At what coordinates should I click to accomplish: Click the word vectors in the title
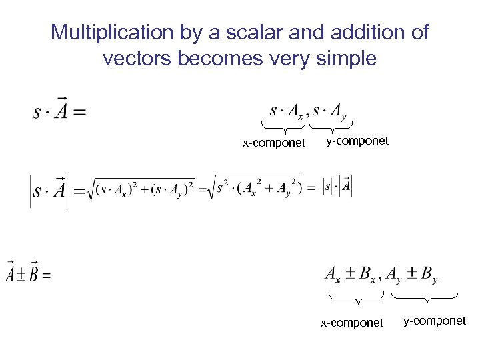click(x=136, y=59)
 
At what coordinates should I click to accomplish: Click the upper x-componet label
click(x=274, y=143)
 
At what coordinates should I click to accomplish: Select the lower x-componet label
click(x=352, y=323)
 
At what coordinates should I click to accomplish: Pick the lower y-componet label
click(x=435, y=321)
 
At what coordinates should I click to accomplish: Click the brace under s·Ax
click(x=283, y=127)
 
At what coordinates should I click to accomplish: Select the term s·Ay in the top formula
click(x=330, y=111)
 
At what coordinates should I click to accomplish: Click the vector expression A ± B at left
click(x=24, y=273)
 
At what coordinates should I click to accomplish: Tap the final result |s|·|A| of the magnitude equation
click(x=337, y=187)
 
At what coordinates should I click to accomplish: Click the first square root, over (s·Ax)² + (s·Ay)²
click(x=143, y=189)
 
